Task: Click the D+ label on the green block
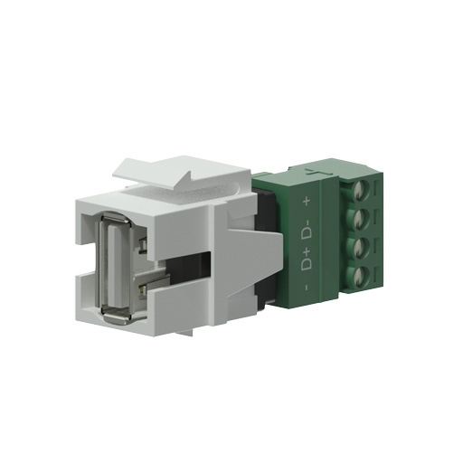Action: [307, 260]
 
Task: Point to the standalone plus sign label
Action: [307, 201]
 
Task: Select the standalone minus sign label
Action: [307, 288]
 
